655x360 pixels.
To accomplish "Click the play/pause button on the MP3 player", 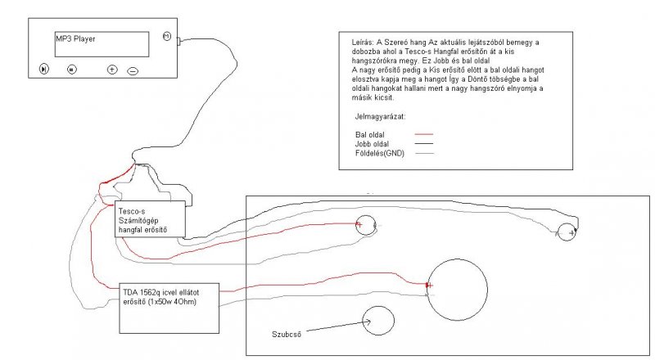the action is pos(44,69).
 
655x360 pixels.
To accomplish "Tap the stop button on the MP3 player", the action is pos(72,69).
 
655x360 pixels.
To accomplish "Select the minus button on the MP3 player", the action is pos(133,70).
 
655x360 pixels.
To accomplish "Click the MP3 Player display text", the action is pos(76,38).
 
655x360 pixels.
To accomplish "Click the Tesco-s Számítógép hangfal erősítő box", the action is pos(151,218).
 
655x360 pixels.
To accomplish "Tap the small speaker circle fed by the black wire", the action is pos(566,232).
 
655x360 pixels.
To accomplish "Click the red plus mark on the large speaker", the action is pos(429,285).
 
